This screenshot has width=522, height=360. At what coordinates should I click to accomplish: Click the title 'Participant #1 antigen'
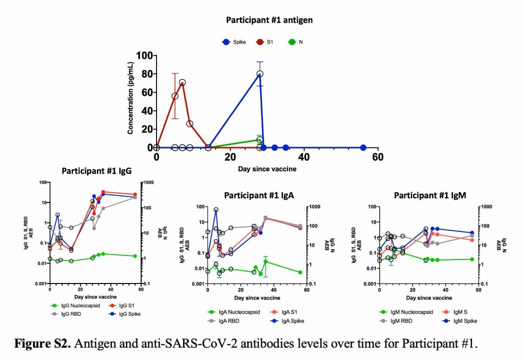(269, 20)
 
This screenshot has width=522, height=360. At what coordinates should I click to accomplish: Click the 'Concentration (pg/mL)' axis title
(130, 102)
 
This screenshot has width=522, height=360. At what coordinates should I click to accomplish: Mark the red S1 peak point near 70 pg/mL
(182, 83)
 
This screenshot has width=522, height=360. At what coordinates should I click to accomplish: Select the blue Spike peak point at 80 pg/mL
(259, 74)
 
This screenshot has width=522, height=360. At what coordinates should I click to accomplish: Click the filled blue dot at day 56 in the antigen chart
(363, 148)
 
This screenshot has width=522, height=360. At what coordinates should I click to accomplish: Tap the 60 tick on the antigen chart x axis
(377, 158)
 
